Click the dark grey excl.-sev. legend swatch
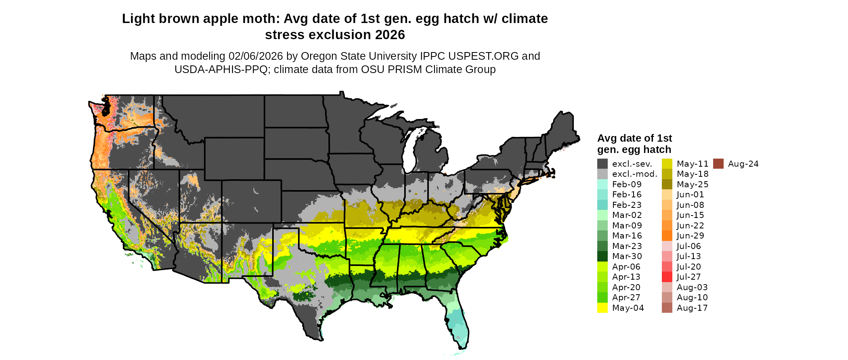point(602,164)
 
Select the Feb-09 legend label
point(627,184)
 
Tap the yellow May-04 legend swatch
point(602,308)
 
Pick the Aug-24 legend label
point(743,164)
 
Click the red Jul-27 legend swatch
point(667,277)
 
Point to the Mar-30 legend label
point(627,256)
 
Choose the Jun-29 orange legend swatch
point(667,236)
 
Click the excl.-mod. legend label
point(635,174)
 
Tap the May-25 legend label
point(693,184)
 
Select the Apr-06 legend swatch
point(602,267)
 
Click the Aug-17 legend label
point(692,308)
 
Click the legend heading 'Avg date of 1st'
point(634,138)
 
